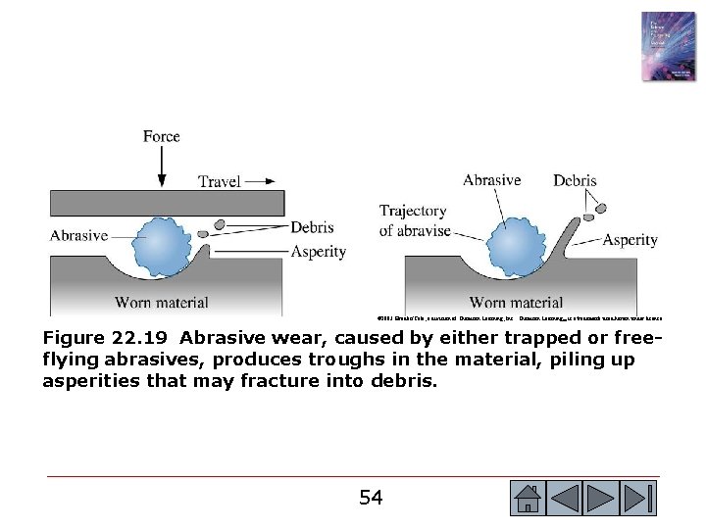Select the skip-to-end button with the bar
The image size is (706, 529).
(638, 499)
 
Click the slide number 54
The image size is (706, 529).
(370, 498)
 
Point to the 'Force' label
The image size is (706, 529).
(161, 136)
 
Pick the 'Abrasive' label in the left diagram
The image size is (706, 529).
(79, 234)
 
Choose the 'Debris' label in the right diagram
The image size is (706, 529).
(575, 181)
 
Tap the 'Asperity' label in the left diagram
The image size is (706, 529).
(319, 252)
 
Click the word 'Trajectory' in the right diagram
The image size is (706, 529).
(413, 211)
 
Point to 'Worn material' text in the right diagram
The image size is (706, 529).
(517, 302)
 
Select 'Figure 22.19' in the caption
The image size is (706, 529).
(105, 338)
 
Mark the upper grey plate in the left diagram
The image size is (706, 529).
(167, 203)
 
